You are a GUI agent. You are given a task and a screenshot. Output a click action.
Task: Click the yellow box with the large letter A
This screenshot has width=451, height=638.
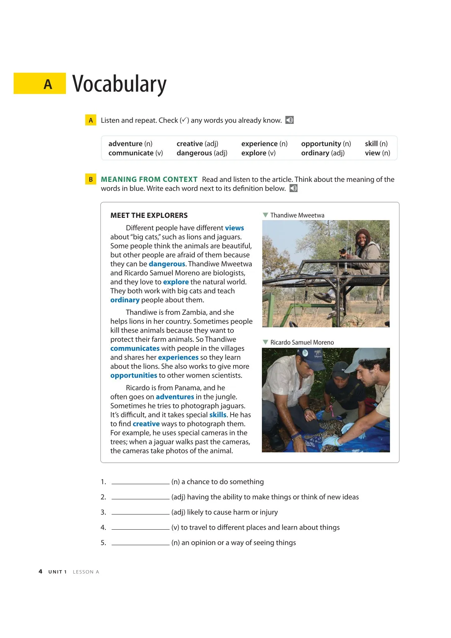pos(40,83)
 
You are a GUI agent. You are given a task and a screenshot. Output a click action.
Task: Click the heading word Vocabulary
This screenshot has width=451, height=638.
pos(119,84)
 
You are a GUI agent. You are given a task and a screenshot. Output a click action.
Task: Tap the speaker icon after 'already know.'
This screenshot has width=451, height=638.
pos(290,120)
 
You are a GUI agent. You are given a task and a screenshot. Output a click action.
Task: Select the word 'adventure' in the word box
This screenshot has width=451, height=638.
pos(125,144)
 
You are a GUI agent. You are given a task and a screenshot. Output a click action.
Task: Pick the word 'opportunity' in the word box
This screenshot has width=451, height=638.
pos(321,144)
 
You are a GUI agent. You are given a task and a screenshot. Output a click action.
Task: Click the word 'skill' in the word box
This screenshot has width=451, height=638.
pos(371,144)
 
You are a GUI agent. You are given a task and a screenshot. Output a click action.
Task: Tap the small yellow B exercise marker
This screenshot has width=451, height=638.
pos(91,179)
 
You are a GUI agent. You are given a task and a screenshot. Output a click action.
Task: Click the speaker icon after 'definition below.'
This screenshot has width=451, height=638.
pos(294,188)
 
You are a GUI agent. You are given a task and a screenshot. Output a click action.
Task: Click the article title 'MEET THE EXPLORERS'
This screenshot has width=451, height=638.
pos(149,215)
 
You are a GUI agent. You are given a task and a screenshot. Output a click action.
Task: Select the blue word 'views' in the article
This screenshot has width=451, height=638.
pos(234,228)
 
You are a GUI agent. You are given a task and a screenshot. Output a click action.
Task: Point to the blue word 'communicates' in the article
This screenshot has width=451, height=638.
pos(135,348)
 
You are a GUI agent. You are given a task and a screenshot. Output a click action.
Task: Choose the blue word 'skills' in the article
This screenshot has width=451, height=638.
pos(218,415)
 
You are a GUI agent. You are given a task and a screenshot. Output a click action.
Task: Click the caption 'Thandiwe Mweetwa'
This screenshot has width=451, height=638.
pos(297,215)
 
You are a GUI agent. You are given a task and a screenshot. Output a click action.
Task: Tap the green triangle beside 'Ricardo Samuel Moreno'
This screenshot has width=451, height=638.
pos(265,342)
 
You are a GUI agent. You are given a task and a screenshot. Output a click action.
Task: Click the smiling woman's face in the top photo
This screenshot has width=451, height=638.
pos(363,239)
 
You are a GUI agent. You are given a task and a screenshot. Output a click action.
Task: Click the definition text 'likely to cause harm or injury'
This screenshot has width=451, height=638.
pos(232,512)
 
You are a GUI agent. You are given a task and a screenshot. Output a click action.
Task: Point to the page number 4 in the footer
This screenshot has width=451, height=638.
pos(41,571)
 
